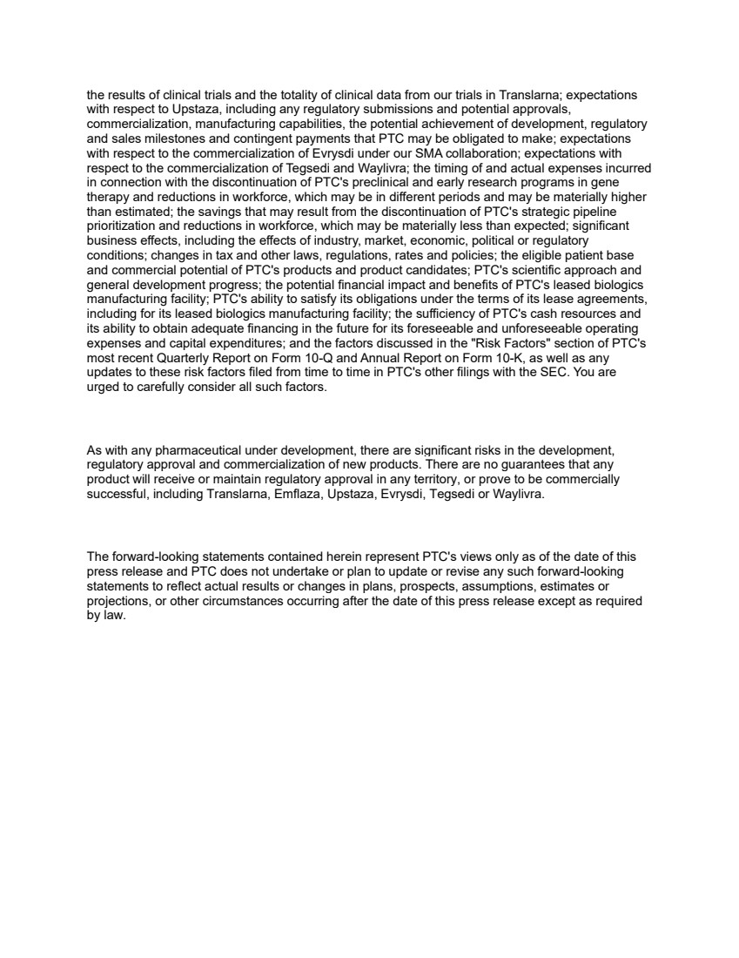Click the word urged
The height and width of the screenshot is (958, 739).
click(x=104, y=388)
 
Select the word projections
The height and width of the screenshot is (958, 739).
click(x=118, y=602)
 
